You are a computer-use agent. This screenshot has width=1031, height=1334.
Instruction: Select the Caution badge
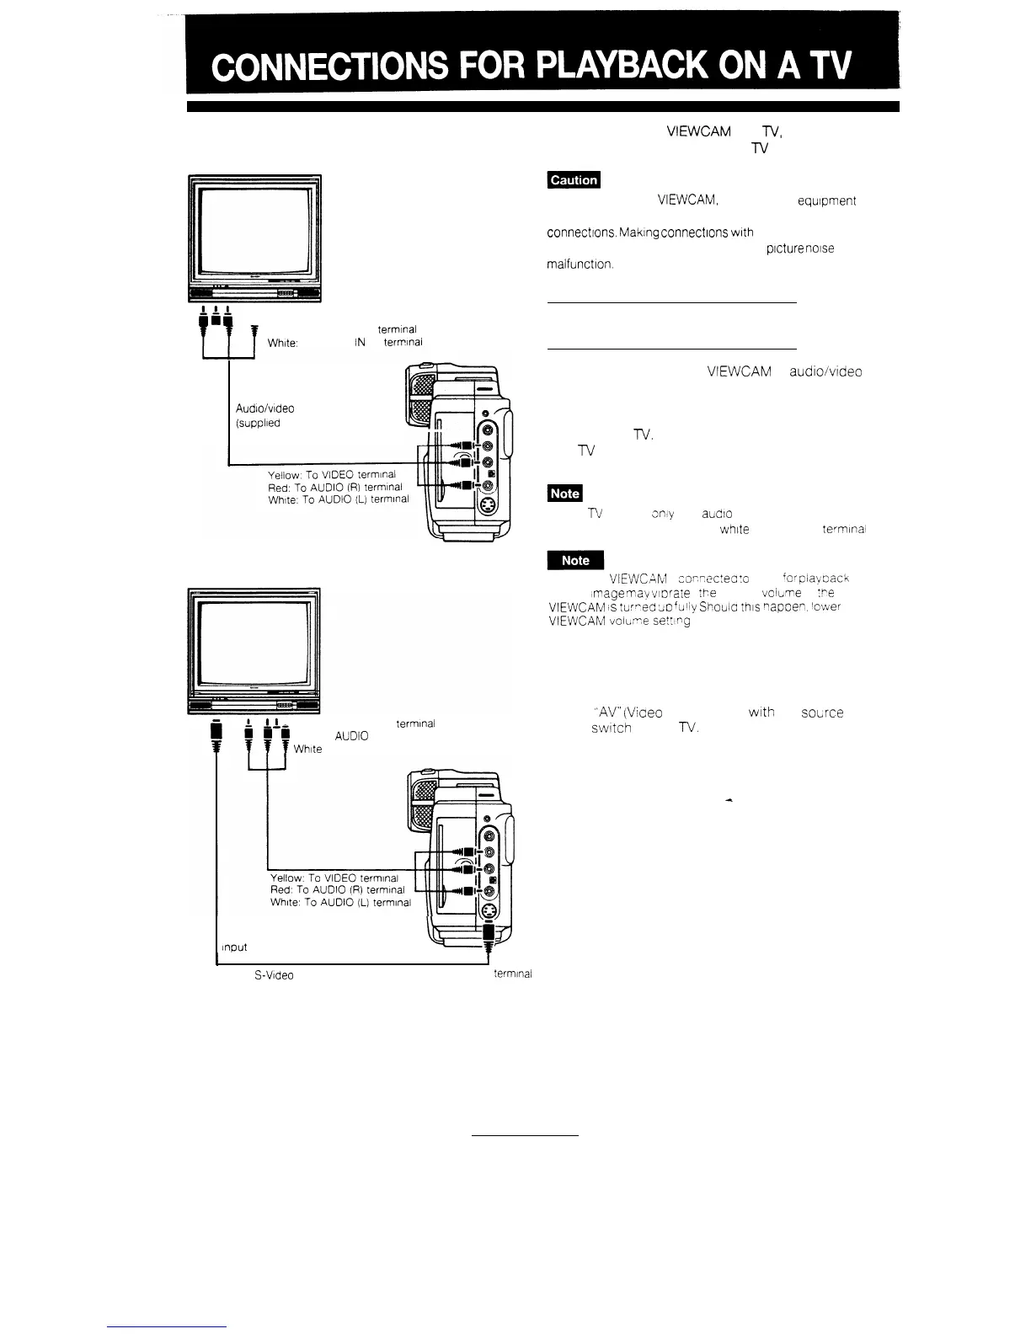[x=574, y=179]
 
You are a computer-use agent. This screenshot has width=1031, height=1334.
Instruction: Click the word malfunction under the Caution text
[x=580, y=264]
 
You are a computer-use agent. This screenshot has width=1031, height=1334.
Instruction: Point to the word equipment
[x=825, y=201]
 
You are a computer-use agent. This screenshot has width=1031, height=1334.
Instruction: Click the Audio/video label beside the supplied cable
[x=264, y=408]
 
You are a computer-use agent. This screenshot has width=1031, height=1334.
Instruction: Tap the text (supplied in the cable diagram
[x=257, y=423]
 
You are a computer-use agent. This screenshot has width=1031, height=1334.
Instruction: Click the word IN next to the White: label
[x=360, y=343]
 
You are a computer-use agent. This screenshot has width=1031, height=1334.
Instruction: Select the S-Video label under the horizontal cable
[x=274, y=975]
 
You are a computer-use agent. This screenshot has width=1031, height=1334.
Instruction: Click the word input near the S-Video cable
[x=233, y=947]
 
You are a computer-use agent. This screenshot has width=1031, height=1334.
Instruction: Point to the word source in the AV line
[x=822, y=712]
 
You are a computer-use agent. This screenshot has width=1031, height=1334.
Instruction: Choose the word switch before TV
[x=611, y=728]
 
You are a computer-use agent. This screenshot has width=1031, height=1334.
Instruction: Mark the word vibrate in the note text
[x=681, y=593]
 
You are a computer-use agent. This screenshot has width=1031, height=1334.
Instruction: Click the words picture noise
[x=800, y=248]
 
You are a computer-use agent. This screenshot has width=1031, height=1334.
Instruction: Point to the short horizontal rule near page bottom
[x=525, y=1135]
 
